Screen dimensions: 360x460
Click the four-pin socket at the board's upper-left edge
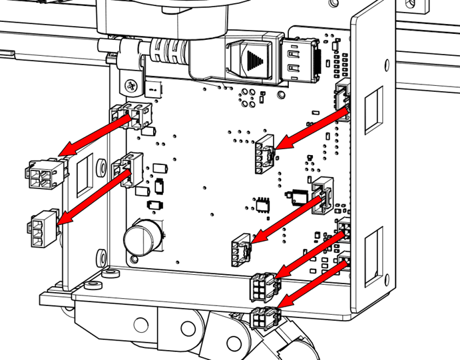(137, 116)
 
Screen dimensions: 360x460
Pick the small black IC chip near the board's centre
(263, 204)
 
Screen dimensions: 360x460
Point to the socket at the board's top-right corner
(343, 97)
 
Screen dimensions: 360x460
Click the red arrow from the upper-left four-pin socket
(93, 138)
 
